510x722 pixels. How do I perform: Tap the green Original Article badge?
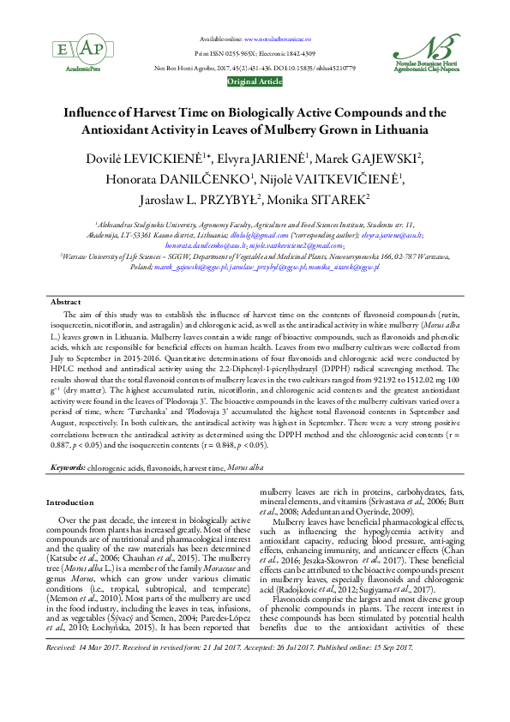[255, 81]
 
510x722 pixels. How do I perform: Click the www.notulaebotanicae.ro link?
[278, 39]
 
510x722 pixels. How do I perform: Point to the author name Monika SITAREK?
[328, 198]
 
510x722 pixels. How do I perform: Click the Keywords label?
[68, 467]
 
